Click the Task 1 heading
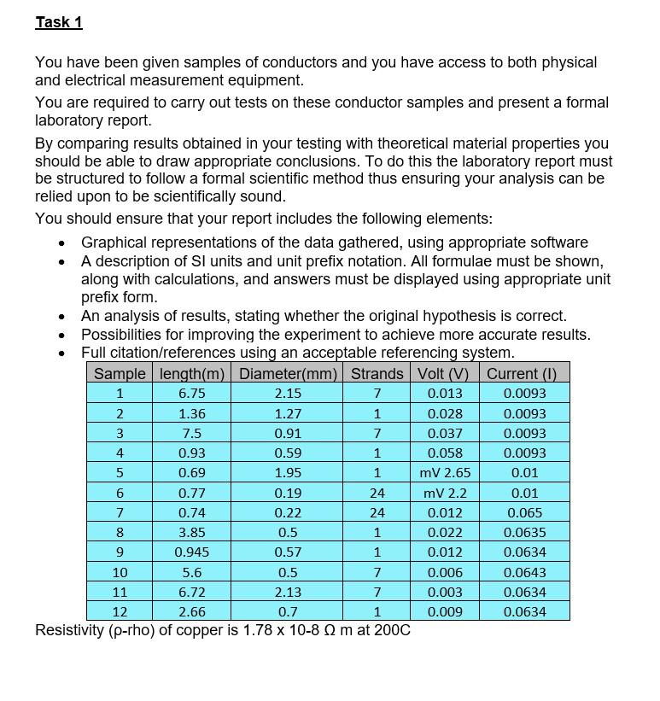59,22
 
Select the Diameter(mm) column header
288,373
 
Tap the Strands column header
377,373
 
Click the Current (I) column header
521,373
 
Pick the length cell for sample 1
191,394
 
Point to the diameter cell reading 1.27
288,413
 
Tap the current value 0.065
524,512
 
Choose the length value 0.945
191,552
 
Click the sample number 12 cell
120,611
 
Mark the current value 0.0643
524,572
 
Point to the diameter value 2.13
288,592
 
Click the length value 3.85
191,532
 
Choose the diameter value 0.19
288,493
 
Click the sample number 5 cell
120,472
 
